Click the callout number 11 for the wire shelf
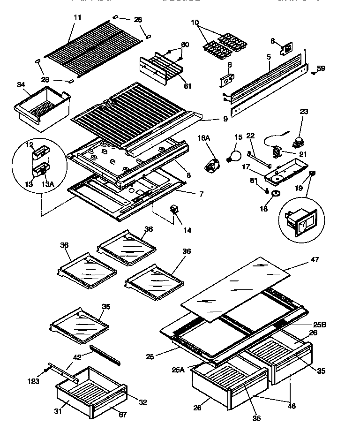[x=77, y=17]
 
